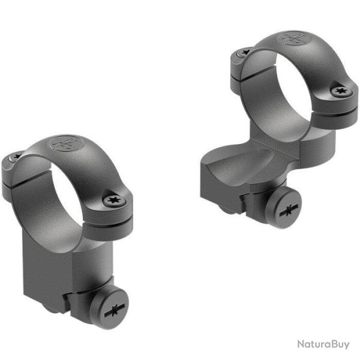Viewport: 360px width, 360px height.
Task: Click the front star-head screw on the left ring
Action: [x=113, y=201]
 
